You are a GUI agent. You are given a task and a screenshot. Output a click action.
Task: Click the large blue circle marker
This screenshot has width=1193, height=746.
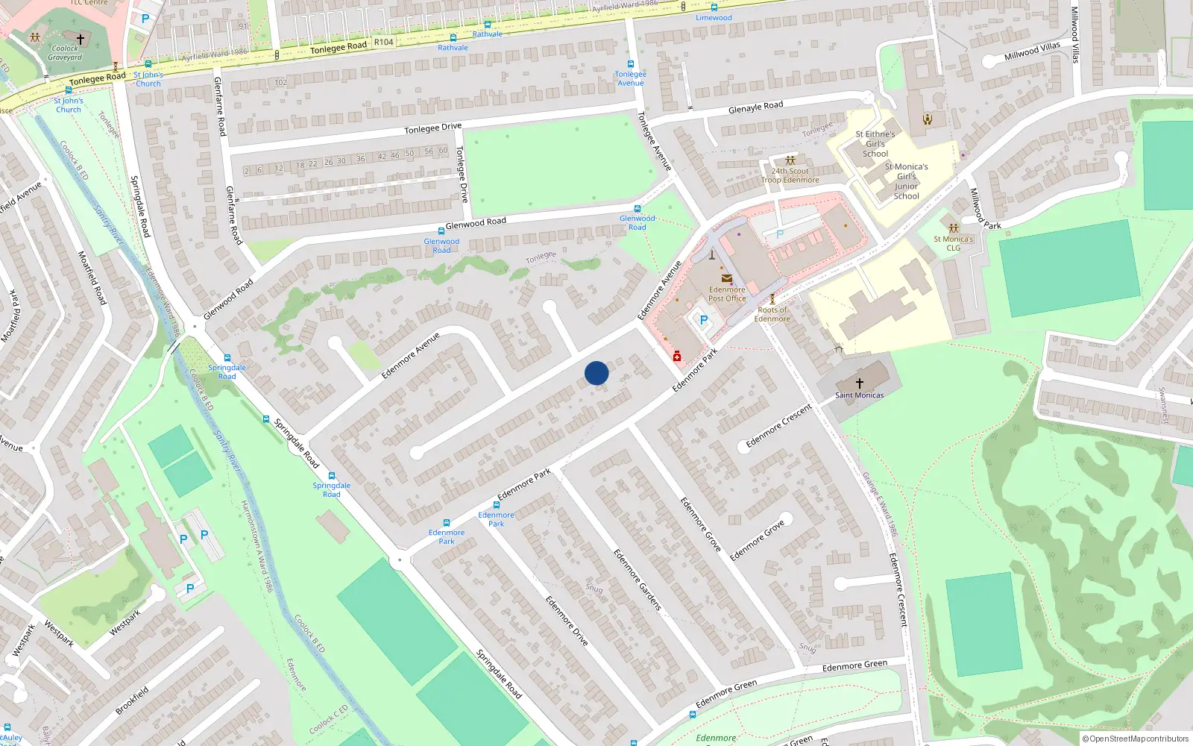click(596, 373)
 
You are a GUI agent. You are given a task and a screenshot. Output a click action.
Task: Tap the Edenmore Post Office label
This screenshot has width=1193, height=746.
click(727, 294)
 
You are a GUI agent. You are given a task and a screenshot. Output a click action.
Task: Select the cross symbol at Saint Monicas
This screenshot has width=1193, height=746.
click(860, 383)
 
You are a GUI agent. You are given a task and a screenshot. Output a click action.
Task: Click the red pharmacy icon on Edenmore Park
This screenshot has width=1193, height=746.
click(677, 357)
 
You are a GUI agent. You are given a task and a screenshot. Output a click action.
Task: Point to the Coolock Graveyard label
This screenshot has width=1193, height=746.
click(65, 53)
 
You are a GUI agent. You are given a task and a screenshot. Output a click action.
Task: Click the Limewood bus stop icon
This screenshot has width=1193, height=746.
click(714, 7)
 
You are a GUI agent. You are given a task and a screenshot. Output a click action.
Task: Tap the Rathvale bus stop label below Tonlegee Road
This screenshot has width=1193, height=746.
click(453, 48)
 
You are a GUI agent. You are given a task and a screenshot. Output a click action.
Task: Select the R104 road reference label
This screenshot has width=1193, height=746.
click(383, 42)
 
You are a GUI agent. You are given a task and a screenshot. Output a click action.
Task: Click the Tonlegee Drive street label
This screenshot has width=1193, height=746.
click(432, 128)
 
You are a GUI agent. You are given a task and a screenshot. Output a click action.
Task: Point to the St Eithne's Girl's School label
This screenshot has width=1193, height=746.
click(875, 144)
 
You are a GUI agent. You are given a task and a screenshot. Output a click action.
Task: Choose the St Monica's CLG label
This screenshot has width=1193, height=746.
click(954, 243)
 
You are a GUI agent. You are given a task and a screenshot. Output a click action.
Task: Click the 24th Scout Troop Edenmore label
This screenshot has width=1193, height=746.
click(790, 175)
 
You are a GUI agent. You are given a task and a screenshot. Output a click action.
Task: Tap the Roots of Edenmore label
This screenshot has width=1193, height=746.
click(772, 314)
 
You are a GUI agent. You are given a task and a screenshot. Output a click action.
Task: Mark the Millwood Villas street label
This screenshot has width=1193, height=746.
click(1032, 51)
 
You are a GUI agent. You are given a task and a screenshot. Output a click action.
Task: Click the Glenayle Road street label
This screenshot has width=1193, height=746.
click(755, 107)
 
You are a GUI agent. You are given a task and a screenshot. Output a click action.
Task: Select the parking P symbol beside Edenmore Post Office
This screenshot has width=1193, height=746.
click(703, 320)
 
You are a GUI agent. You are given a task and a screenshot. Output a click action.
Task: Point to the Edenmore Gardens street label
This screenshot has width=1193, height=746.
click(638, 580)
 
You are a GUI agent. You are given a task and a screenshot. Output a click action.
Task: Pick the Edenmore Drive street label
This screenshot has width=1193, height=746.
click(566, 620)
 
